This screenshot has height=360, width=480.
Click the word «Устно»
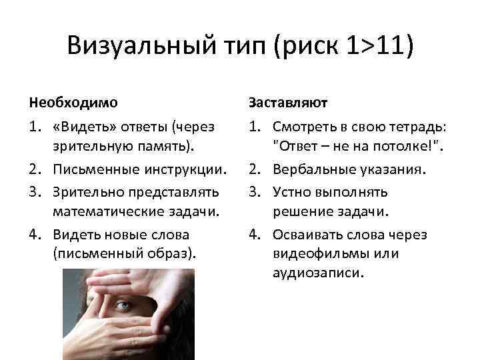(x=291, y=192)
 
